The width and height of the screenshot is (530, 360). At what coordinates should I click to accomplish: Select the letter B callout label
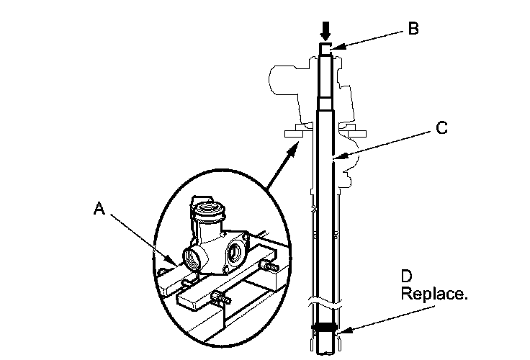click(x=413, y=29)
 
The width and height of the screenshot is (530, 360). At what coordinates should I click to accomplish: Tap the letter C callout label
click(x=441, y=128)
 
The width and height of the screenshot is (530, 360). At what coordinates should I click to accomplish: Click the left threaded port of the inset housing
click(x=194, y=257)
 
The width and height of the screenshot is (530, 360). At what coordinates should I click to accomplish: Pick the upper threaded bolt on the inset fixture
click(x=271, y=268)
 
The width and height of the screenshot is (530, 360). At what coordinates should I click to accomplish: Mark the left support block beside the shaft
click(x=295, y=132)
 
